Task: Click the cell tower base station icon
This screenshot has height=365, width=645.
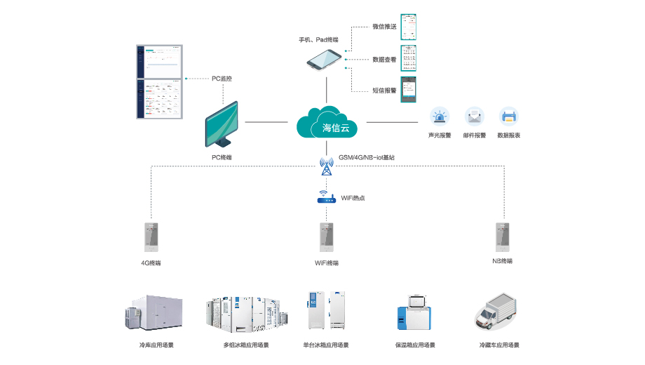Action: click(325, 166)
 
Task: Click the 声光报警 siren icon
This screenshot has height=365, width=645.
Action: click(440, 117)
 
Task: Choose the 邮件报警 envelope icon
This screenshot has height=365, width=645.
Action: click(474, 117)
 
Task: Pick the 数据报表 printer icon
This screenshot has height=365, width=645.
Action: click(508, 117)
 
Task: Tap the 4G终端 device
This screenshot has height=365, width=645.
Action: click(151, 237)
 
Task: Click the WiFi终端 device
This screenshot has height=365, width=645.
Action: click(326, 237)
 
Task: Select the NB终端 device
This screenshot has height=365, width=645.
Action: click(502, 237)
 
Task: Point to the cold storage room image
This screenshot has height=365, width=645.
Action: click(154, 314)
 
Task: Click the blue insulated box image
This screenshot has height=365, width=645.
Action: click(415, 314)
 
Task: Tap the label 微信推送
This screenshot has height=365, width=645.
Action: click(384, 27)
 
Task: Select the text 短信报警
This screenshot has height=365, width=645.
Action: click(384, 91)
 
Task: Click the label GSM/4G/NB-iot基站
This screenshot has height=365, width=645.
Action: click(366, 158)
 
